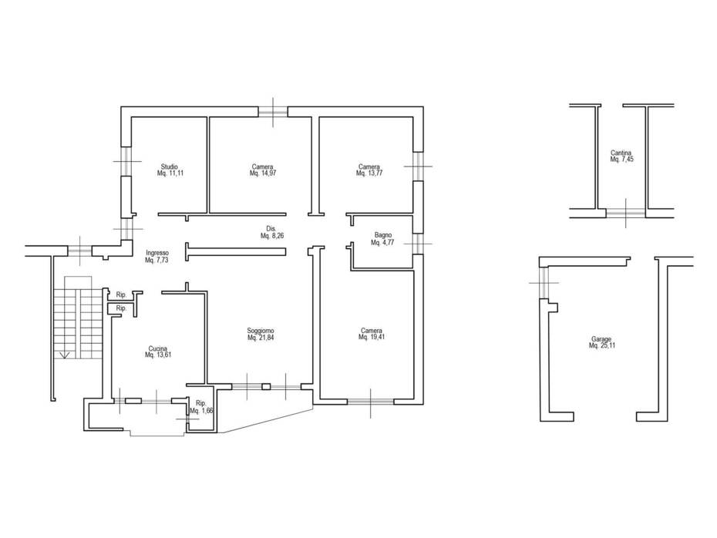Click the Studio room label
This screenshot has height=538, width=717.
click(169, 166)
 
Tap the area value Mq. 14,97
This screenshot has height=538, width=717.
click(263, 173)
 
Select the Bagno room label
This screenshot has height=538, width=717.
click(382, 235)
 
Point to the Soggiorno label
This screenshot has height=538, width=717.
click(261, 331)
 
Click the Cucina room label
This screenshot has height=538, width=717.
click(158, 348)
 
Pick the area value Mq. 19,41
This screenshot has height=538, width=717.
click(372, 338)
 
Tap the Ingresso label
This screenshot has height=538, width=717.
click(158, 253)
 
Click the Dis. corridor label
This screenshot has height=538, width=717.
click(271, 229)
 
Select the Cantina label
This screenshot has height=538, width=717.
click(621, 153)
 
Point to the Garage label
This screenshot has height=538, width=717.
click(602, 339)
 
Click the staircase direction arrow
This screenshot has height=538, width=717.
click(65, 355)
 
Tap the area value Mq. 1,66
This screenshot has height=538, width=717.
click(202, 410)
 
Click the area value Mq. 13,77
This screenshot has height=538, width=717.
click(369, 173)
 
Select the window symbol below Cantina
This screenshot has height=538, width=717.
click(626, 213)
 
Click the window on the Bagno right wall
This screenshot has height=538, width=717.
click(418, 243)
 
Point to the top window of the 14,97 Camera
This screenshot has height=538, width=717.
click(273, 112)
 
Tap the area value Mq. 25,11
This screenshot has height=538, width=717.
click(602, 346)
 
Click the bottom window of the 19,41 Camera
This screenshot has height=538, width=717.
click(370, 402)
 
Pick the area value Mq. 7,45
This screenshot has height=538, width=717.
click(621, 160)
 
